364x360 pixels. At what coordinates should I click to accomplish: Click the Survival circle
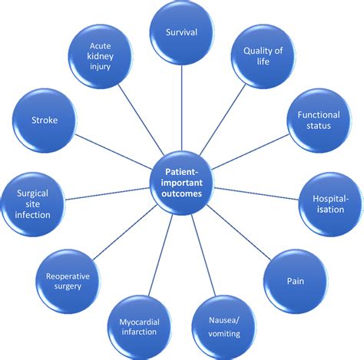[182, 33]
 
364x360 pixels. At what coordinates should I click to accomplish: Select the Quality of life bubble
[263, 57]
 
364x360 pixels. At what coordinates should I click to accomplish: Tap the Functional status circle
[314, 120]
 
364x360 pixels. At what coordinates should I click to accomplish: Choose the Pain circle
[296, 281]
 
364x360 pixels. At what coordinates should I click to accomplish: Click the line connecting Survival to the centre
[182, 107]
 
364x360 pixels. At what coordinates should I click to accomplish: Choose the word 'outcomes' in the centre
[182, 193]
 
